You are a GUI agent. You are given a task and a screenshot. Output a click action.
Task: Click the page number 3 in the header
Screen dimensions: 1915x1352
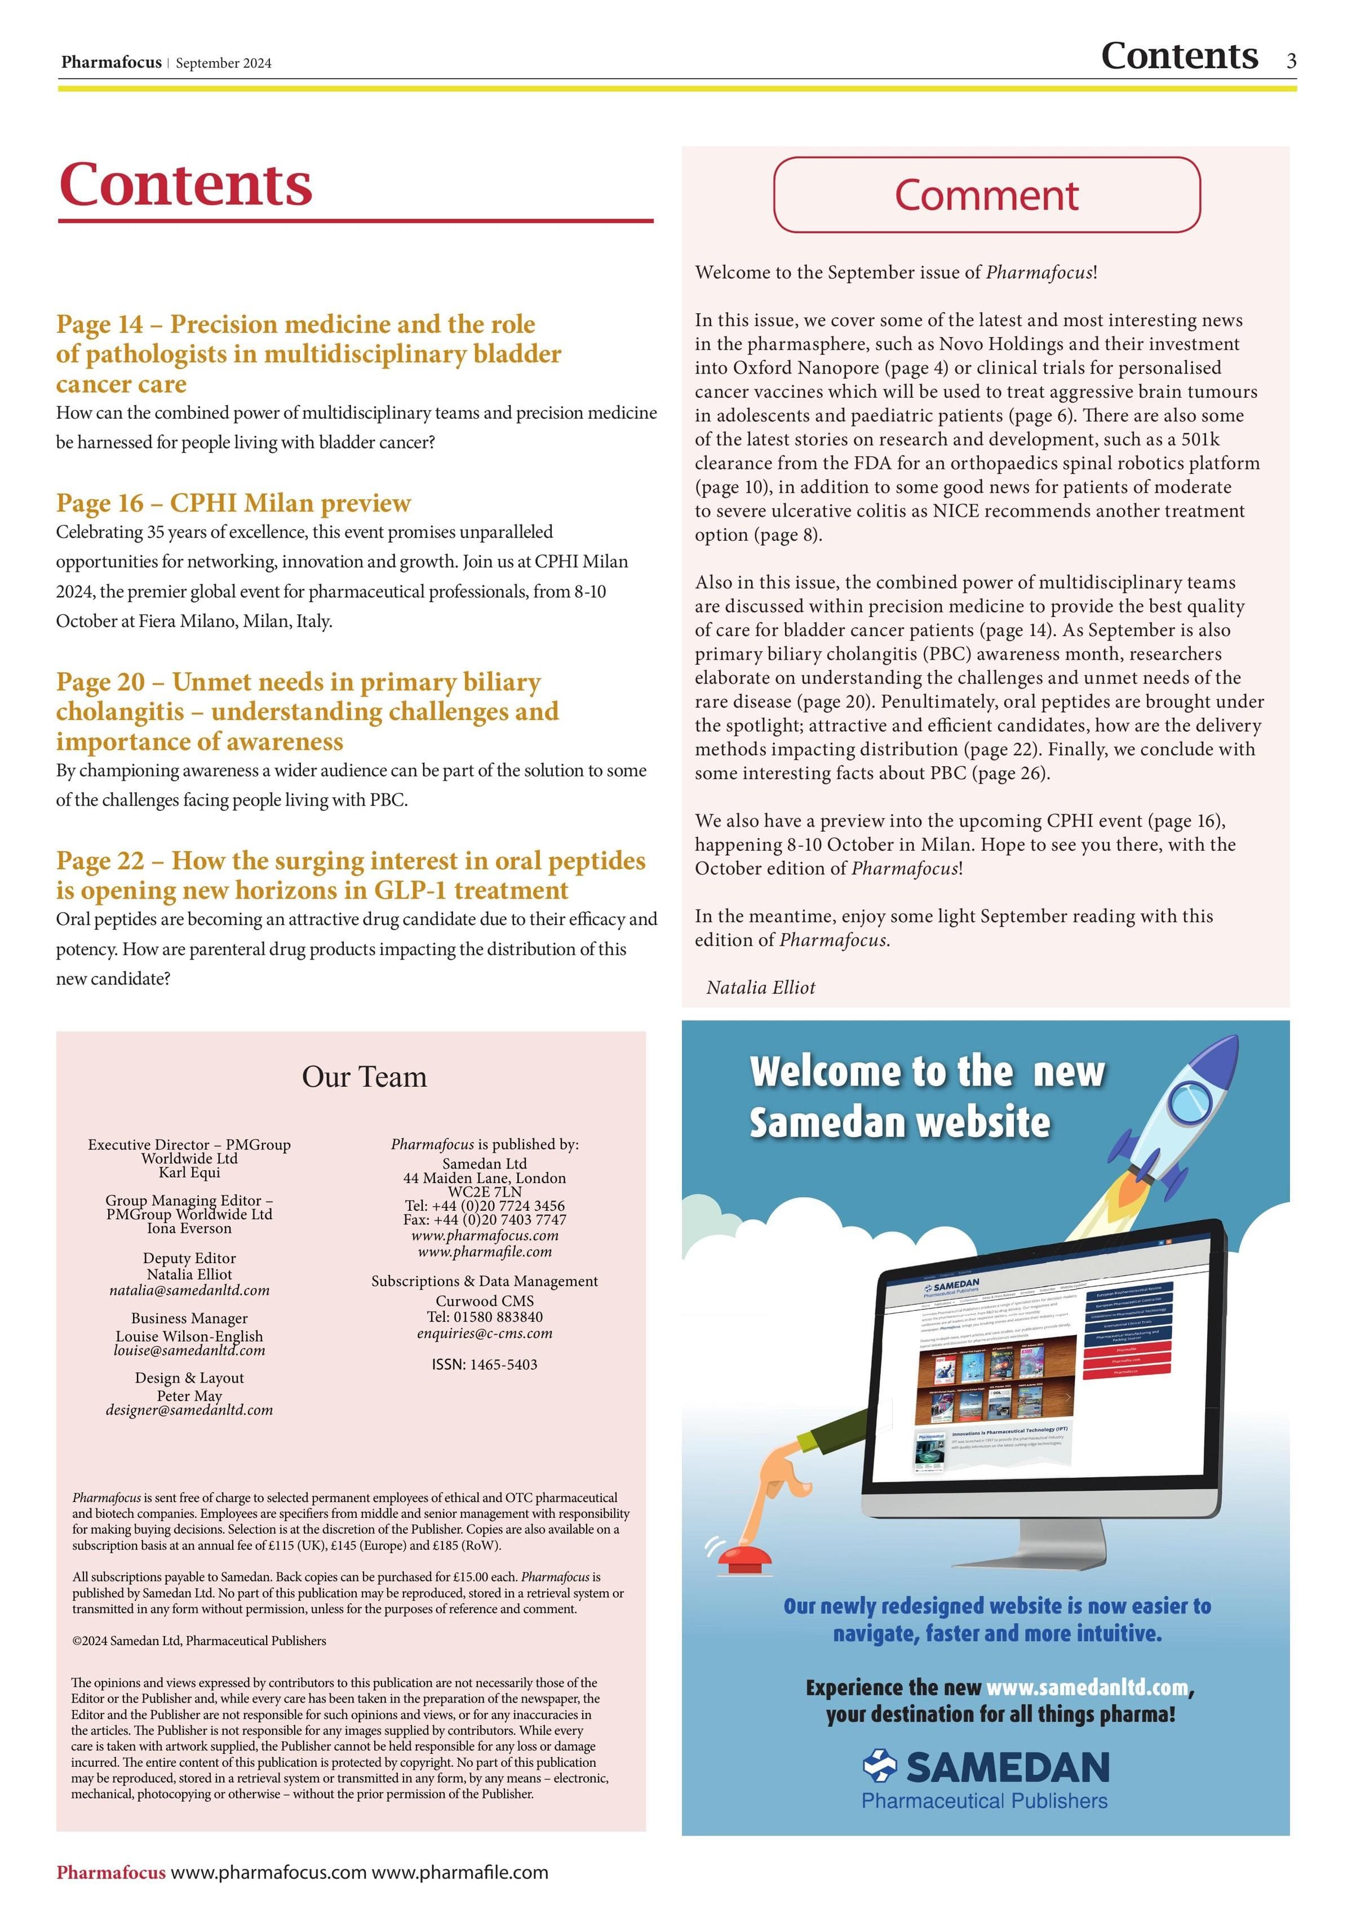coord(1291,61)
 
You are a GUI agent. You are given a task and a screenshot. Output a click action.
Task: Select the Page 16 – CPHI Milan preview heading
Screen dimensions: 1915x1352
coord(233,503)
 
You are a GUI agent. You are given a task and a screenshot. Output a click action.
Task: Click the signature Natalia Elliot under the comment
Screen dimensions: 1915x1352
coord(760,988)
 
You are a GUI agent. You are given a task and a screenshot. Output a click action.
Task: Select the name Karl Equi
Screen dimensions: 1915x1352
coord(189,1172)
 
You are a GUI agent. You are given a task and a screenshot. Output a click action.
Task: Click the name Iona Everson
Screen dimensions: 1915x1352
coord(189,1229)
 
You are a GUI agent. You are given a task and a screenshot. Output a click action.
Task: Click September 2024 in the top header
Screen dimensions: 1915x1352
coord(224,64)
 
